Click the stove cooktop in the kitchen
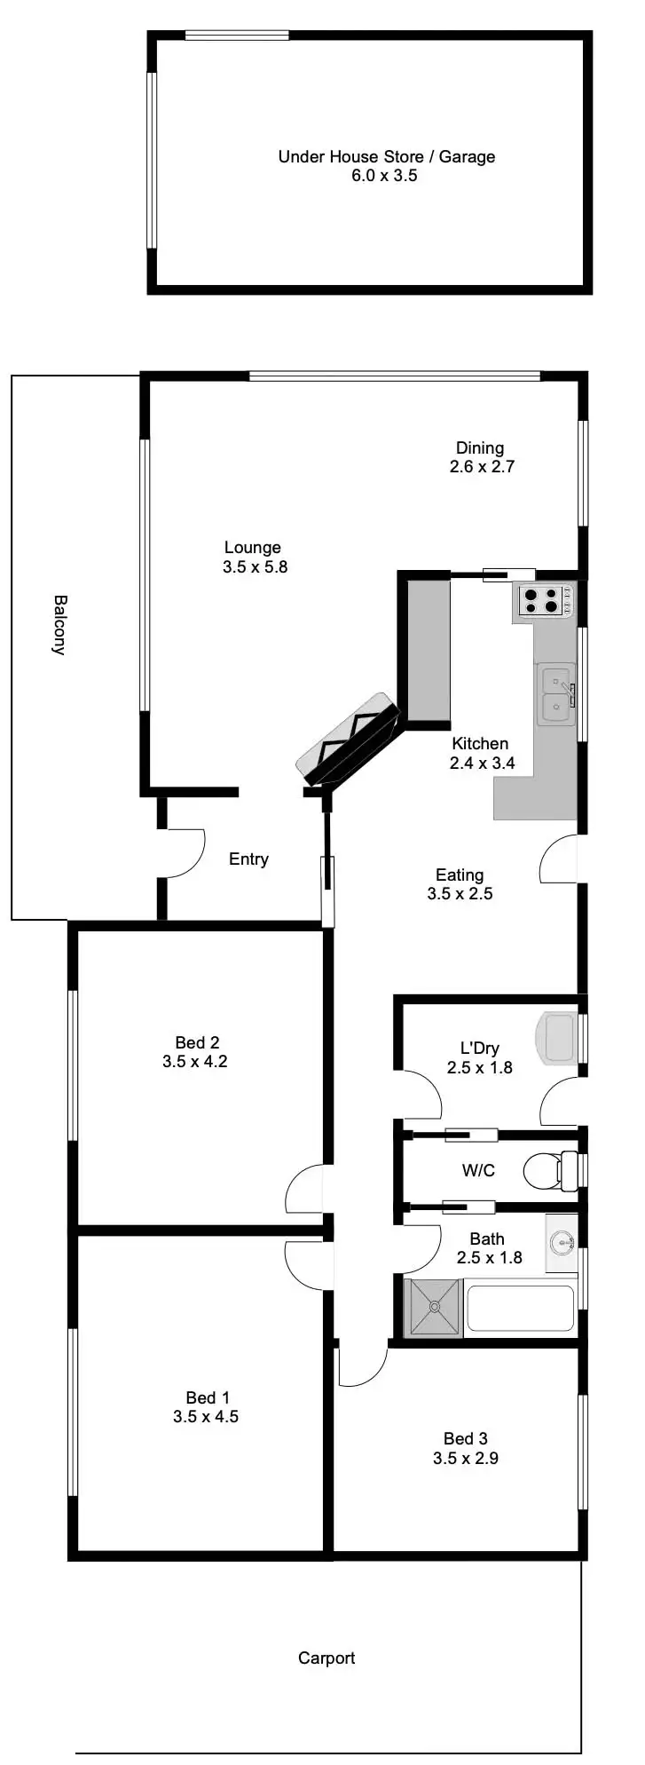tap(543, 601)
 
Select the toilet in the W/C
tap(547, 1171)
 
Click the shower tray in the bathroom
tap(433, 1308)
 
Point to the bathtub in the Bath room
tap(520, 1308)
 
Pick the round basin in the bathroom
tap(560, 1242)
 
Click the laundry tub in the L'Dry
tap(559, 1037)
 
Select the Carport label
tap(326, 1658)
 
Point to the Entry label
tap(248, 859)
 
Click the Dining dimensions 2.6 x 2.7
tap(482, 467)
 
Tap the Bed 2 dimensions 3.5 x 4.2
tap(195, 1061)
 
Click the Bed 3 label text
tap(465, 1438)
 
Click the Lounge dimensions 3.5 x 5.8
tap(255, 566)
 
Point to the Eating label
tap(460, 875)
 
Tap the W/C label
tap(478, 1170)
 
